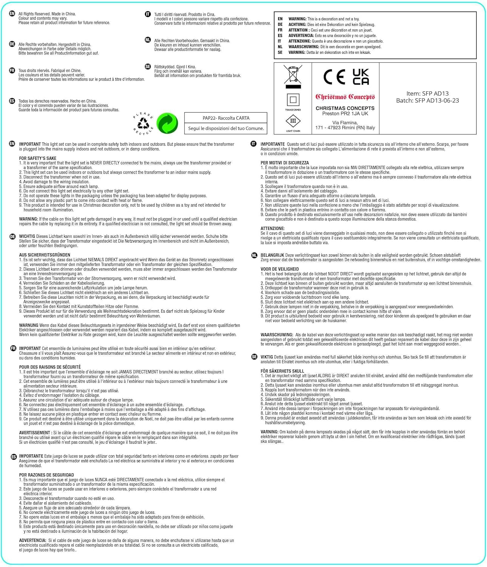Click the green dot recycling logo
pos(167,123)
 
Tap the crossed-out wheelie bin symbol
pos(293,74)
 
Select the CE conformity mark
pos(334,77)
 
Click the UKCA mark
pos(360,77)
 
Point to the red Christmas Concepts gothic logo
pos(345,97)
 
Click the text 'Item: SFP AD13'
pos(427,93)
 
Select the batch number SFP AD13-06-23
pos(427,101)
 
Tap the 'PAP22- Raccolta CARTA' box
pos(226,118)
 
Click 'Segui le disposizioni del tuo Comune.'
pos(226,129)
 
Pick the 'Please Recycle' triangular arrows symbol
pos(143,123)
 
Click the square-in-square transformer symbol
pos(293,100)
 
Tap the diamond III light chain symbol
pos(293,121)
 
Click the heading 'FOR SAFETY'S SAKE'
pos(38,158)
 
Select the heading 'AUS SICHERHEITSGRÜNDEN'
pos(45,255)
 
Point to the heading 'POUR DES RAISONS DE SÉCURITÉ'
pos(50,367)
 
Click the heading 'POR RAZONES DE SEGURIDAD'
pos(46,475)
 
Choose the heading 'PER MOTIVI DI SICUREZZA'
pos(284,163)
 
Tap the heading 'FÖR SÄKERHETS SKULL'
pos(282,371)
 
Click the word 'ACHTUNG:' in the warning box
pos(297,25)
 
